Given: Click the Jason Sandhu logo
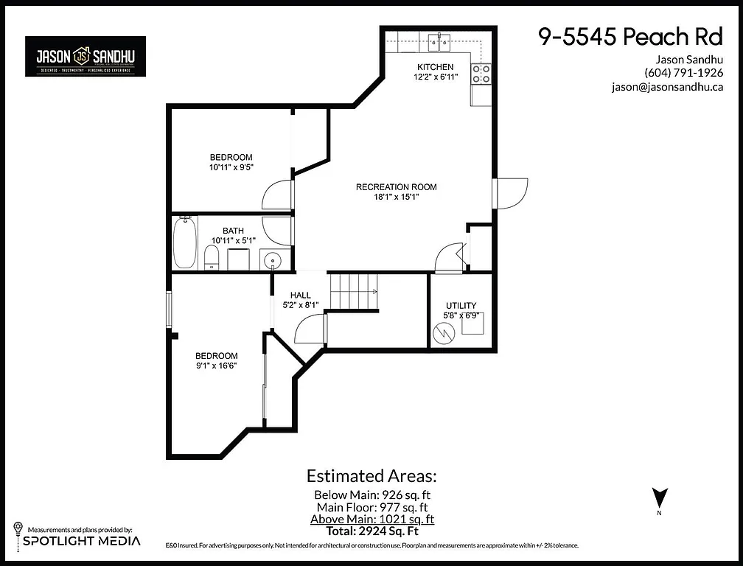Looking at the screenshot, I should point(86,56).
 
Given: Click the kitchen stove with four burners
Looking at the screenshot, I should point(481,73).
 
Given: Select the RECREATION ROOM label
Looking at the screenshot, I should point(396,187).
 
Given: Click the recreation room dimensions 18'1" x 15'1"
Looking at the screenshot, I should point(396,198).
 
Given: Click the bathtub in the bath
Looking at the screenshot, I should point(184,242).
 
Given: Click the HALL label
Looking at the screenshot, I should point(300,296).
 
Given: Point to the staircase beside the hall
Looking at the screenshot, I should point(352,291).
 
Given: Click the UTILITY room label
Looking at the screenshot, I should point(461,306).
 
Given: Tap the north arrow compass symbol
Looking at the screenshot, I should point(660,499).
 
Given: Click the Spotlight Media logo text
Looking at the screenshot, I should point(81,541).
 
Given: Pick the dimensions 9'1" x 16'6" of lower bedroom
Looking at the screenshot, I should point(216,366).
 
